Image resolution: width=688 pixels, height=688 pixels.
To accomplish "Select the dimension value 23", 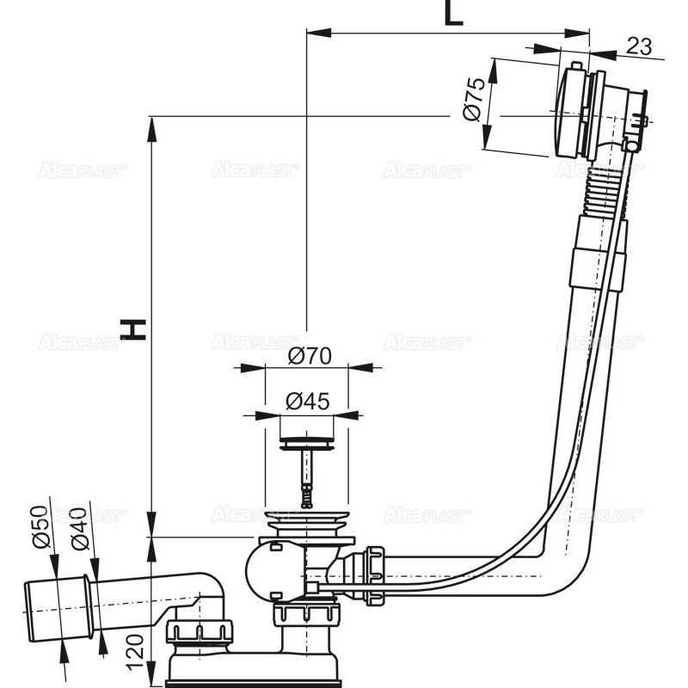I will click(638, 46).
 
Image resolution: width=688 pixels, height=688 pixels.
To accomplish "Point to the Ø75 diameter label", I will click(474, 102).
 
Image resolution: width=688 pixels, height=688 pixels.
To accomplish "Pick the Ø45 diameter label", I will click(306, 400).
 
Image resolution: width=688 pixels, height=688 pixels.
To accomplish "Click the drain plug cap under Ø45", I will click(305, 444).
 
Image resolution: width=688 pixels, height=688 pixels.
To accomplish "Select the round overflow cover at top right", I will click(571, 112).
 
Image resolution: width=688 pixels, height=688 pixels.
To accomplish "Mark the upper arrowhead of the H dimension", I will click(152, 125).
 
